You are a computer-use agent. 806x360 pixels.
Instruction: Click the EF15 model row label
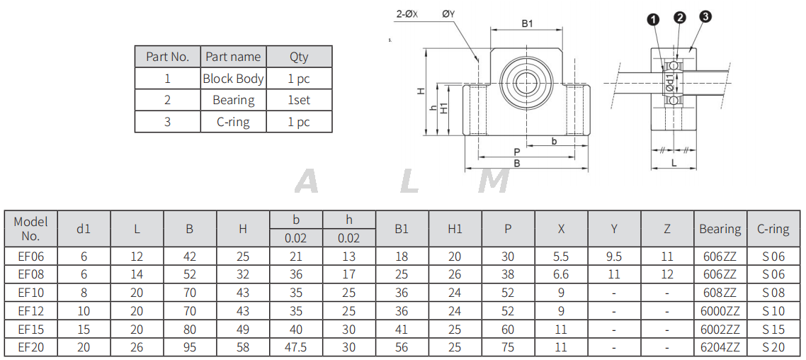(x=30, y=329)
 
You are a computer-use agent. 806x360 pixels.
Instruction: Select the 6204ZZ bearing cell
(x=720, y=347)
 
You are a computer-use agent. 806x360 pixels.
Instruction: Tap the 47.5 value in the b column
(x=295, y=347)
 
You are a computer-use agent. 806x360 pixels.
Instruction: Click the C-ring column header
(x=773, y=229)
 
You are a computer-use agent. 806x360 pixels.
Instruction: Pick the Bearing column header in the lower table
(x=720, y=229)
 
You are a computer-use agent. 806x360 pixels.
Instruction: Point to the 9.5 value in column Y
(x=614, y=256)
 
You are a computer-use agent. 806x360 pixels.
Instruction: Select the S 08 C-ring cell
(x=773, y=292)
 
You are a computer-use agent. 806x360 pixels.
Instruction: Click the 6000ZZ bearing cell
(x=720, y=310)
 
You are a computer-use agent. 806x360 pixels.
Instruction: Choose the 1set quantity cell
(x=299, y=100)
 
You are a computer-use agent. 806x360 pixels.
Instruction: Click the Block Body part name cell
(x=233, y=79)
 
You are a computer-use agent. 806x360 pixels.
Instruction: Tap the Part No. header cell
(x=167, y=57)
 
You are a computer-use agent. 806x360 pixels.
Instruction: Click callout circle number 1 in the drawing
(x=652, y=18)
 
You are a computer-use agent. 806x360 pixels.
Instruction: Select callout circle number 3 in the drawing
(x=705, y=17)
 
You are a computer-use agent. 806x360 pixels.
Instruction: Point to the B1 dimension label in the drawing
(x=527, y=23)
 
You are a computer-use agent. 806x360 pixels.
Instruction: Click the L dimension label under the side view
(x=674, y=163)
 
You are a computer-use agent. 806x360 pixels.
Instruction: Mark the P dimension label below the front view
(x=516, y=152)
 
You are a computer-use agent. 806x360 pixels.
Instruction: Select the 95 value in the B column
(x=189, y=347)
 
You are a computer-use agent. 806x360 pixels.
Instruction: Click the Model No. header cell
(x=30, y=229)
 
